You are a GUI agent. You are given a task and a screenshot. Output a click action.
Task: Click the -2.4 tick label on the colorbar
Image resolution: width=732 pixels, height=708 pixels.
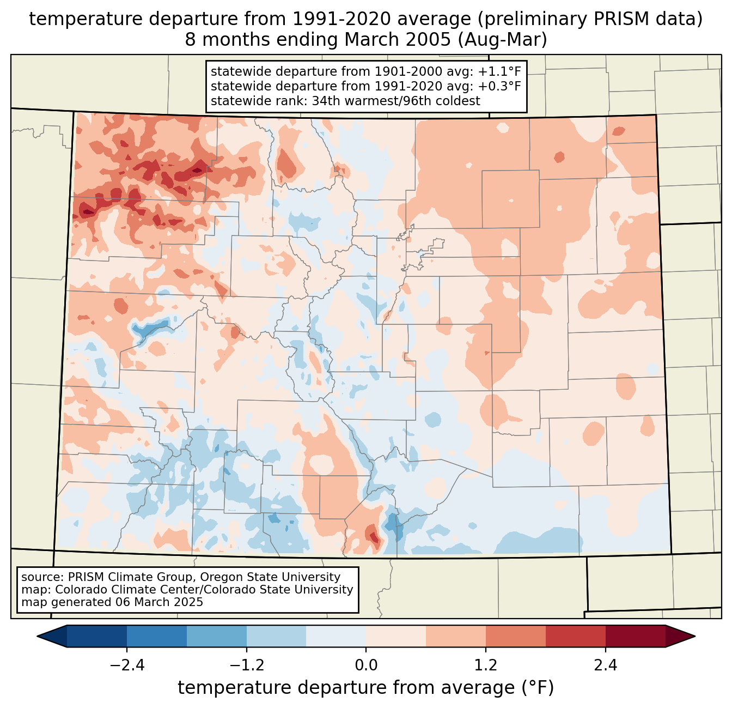tap(126, 665)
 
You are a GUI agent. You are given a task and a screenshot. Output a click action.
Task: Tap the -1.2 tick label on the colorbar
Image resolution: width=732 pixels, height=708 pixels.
tap(246, 665)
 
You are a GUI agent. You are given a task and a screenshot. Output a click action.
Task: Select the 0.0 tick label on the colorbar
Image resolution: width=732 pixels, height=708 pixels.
tap(366, 665)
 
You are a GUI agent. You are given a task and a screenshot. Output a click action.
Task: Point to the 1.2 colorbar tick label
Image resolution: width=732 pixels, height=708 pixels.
tap(486, 665)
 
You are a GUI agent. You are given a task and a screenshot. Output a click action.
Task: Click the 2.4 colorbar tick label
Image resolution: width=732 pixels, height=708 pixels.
tap(606, 665)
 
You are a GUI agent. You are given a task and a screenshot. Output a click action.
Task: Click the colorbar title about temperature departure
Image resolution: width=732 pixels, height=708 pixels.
tap(366, 688)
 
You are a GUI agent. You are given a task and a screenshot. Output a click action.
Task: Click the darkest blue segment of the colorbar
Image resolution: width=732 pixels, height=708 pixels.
tap(97, 636)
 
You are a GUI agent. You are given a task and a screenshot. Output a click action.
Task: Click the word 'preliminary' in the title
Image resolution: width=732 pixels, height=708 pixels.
tap(520, 19)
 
